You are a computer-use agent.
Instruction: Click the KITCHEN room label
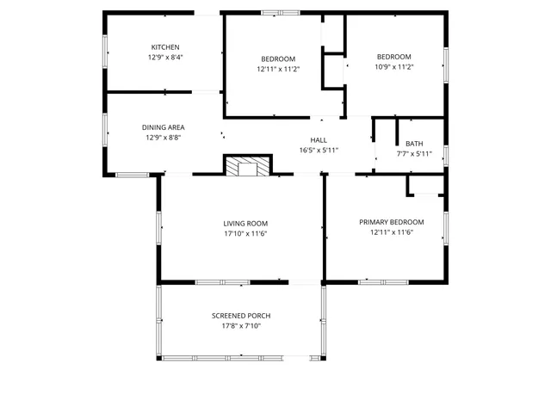tap(165, 47)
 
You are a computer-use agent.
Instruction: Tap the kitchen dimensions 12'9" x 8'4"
tap(165, 58)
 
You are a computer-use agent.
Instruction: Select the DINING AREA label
tap(163, 127)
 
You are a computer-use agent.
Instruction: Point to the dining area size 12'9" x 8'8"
tap(163, 138)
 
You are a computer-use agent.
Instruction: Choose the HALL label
tap(319, 140)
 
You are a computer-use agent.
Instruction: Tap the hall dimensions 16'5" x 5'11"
tap(319, 151)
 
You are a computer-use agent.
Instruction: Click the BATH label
tap(414, 144)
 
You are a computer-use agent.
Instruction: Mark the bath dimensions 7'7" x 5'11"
tap(414, 155)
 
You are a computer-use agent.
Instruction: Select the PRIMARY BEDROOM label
tap(392, 222)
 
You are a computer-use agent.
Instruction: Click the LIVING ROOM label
tap(245, 224)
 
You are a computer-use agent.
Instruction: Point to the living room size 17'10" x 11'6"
tap(245, 234)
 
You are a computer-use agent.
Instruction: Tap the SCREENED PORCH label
tap(241, 316)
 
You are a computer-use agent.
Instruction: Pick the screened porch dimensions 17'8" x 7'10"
tap(241, 326)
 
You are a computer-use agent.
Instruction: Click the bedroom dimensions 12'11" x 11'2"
tap(278, 69)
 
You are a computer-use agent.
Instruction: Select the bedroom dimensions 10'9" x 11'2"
tap(393, 67)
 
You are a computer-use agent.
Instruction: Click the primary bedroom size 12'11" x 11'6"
tap(392, 232)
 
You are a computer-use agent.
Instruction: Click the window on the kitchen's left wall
tap(105, 50)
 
